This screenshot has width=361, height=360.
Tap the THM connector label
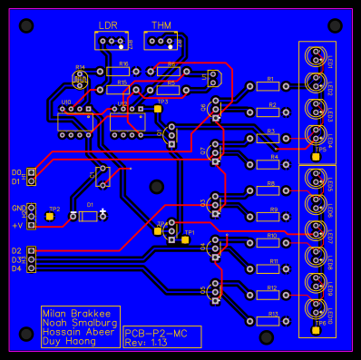(160, 24)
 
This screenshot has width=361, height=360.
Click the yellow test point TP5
(317, 155)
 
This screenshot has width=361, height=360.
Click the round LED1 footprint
(315, 56)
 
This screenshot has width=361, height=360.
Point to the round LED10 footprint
(315, 306)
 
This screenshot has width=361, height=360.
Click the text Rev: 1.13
(146, 342)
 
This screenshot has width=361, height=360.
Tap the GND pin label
(15, 208)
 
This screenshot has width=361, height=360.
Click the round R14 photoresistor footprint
(81, 78)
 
